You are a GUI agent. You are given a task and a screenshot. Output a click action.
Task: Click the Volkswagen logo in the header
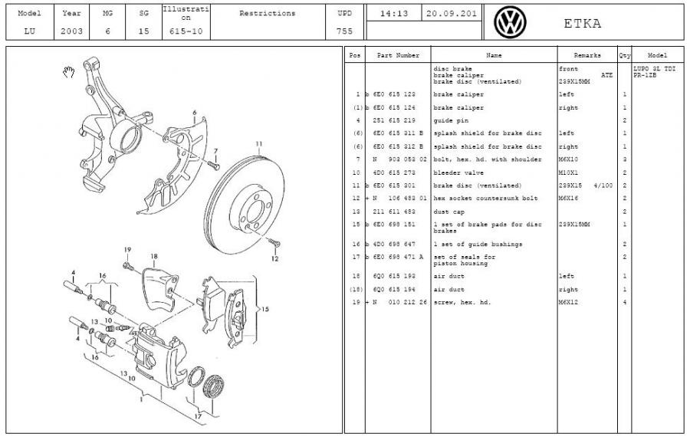point(507,22)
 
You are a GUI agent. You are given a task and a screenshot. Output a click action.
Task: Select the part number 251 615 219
point(396,120)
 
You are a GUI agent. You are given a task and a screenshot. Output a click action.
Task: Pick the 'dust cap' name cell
point(448,211)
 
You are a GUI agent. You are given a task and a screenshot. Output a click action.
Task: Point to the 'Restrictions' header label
point(267,13)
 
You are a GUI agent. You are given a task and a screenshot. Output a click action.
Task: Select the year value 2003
point(71,32)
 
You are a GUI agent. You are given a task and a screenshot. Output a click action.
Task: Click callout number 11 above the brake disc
point(259,143)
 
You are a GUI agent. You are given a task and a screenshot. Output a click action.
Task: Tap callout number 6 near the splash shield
point(195,113)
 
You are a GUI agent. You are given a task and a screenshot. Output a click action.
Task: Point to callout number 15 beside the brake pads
point(265,310)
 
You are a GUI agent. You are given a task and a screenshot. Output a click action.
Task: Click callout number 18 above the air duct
point(154,256)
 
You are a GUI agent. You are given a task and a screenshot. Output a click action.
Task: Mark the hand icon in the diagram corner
point(68,72)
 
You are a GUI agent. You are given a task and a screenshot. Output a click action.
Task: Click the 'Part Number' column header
point(396,56)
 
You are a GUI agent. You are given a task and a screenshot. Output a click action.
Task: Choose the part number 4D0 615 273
point(396,172)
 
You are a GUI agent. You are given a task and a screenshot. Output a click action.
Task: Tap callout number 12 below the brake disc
point(274,258)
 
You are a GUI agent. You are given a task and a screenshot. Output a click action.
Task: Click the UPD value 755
point(344,32)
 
